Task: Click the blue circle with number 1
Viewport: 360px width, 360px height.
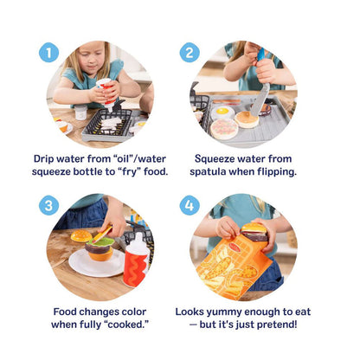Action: [49, 53]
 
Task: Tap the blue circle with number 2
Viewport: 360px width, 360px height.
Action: [190, 53]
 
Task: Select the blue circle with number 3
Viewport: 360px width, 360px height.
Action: [49, 205]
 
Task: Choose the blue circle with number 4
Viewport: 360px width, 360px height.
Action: [190, 205]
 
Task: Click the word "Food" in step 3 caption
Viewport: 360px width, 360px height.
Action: [70, 312]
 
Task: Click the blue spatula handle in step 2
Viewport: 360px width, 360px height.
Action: [260, 57]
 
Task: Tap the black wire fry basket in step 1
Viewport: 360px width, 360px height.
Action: [106, 124]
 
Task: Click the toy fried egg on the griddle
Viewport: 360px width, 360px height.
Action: [222, 112]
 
